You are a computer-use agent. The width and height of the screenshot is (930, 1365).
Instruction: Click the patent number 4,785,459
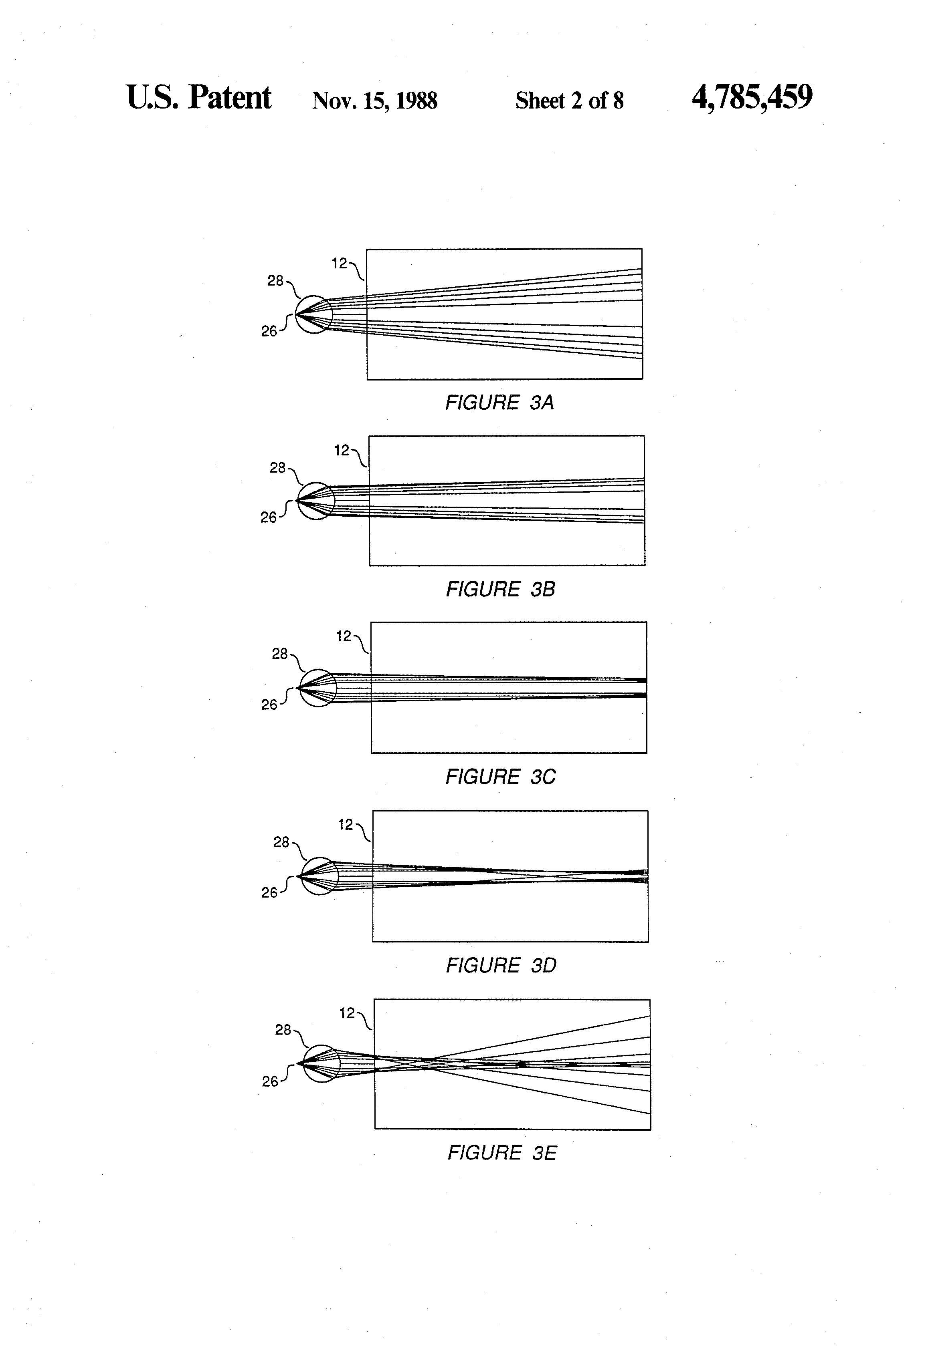(x=752, y=97)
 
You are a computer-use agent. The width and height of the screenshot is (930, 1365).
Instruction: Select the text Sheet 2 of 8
(x=569, y=101)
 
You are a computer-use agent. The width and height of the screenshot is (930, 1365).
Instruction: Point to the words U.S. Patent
(x=199, y=97)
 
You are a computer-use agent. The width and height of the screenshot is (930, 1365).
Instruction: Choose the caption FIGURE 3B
(x=500, y=589)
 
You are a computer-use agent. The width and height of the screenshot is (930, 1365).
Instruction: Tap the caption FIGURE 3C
(x=500, y=777)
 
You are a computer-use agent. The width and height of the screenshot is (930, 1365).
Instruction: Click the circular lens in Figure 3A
(x=314, y=314)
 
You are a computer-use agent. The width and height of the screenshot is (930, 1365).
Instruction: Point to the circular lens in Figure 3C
(x=318, y=687)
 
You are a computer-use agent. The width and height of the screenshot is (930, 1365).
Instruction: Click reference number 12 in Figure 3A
(x=339, y=264)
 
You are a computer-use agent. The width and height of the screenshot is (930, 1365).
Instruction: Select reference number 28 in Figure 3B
(x=277, y=467)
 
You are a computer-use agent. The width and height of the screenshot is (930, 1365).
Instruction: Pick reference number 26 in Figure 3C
(x=269, y=705)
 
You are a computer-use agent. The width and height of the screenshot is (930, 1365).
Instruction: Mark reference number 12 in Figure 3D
(x=346, y=825)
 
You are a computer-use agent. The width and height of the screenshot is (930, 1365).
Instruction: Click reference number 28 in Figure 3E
(x=283, y=1030)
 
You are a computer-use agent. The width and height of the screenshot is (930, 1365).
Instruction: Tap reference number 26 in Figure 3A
(x=269, y=331)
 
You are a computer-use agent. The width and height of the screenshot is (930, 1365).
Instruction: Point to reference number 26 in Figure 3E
(x=270, y=1081)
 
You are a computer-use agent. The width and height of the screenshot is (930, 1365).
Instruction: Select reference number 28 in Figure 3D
(x=281, y=842)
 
